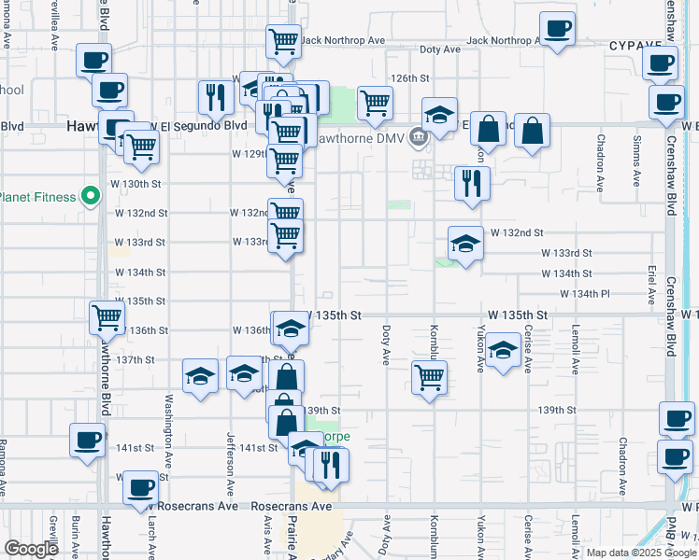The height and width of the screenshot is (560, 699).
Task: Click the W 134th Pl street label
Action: pos(585,294)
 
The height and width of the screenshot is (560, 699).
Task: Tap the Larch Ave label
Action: pos(150,537)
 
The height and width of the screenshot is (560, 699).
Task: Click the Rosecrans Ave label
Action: pos(292,506)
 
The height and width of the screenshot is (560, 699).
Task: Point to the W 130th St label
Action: pos(137,184)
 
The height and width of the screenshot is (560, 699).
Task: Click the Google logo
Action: pos(31,549)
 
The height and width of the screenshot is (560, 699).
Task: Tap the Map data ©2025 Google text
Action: pos(641,553)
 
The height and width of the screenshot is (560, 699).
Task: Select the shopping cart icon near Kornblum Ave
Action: pos(429,377)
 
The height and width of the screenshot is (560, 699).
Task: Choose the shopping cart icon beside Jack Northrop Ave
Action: pos(283,40)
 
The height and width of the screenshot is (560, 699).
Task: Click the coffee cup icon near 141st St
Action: pos(87,439)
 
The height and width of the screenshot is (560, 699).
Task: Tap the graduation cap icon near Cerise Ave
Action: pos(503,351)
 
